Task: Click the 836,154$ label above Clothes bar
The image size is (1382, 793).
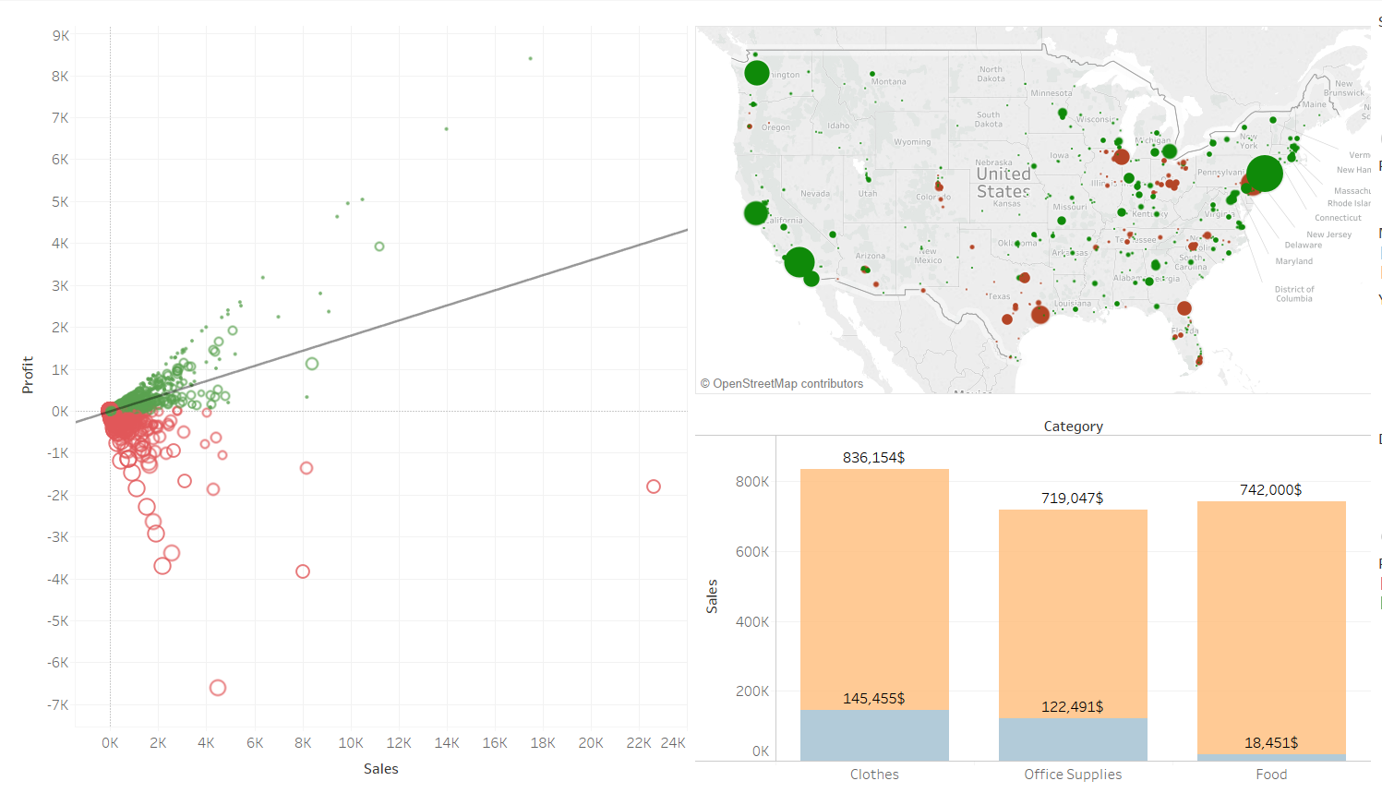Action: (x=873, y=457)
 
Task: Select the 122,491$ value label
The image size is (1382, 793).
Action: (x=1072, y=706)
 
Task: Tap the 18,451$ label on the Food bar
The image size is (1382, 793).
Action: (x=1270, y=742)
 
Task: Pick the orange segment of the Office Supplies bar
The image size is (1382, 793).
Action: (x=1073, y=609)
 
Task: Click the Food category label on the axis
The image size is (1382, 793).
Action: (x=1270, y=774)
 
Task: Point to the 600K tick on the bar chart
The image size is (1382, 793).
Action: (x=751, y=551)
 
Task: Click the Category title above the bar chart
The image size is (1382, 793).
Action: (x=1073, y=426)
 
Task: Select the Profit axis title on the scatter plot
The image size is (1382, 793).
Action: (x=28, y=375)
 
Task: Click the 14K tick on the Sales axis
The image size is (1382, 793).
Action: (x=447, y=742)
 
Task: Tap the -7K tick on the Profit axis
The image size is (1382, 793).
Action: (x=59, y=704)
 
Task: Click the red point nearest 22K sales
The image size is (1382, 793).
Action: (x=654, y=487)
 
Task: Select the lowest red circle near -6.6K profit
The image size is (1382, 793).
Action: (x=218, y=688)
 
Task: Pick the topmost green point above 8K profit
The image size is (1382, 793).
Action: (x=530, y=58)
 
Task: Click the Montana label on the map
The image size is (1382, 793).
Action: (x=888, y=81)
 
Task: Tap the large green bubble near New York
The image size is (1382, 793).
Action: (x=1264, y=173)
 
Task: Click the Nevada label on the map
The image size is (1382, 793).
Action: (x=815, y=193)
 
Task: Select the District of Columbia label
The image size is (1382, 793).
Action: (x=1294, y=294)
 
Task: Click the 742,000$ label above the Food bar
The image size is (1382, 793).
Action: (x=1270, y=489)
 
